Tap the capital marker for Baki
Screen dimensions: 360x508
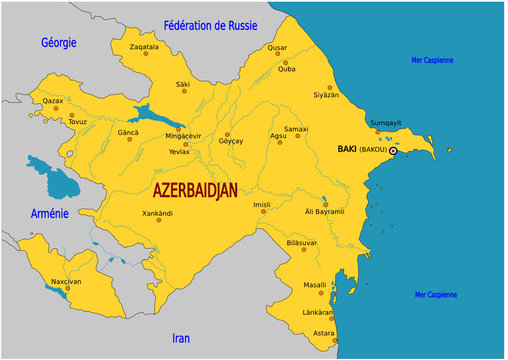[x=393, y=151]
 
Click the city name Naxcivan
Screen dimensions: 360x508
[x=66, y=282]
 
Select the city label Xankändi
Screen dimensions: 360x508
[x=158, y=213]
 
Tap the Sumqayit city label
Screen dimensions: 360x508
[x=386, y=122]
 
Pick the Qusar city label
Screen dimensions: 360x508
[x=277, y=47]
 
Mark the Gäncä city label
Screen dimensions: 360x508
[x=129, y=132]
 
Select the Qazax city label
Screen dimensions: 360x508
[x=52, y=101]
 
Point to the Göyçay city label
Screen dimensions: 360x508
[x=231, y=143]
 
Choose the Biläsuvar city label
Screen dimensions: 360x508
[x=301, y=243]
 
